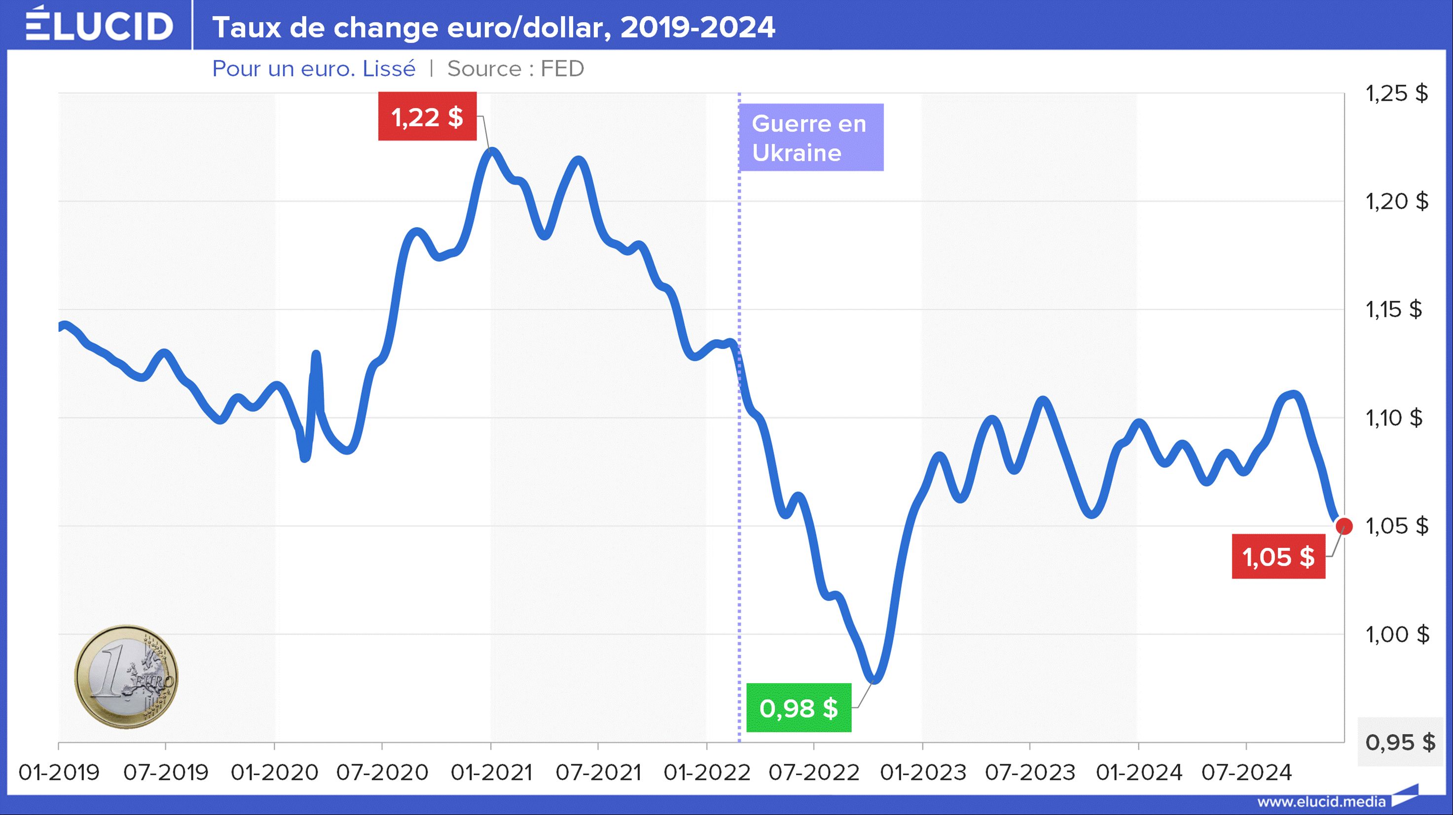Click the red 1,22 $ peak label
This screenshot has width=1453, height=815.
[427, 117]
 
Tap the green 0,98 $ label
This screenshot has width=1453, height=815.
[798, 708]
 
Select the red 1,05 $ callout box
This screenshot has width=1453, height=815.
[1278, 557]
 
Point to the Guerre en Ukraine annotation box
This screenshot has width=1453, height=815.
[810, 138]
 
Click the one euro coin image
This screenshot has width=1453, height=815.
[126, 677]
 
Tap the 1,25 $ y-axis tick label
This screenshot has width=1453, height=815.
[1397, 93]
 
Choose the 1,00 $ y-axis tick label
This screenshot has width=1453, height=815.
[1397, 634]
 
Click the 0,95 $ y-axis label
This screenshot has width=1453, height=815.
[1400, 742]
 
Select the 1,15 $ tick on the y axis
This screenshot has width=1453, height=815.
[1394, 310]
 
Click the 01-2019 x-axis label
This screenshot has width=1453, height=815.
[59, 772]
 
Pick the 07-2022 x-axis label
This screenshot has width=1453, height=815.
[814, 772]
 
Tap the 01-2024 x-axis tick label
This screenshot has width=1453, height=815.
[1138, 772]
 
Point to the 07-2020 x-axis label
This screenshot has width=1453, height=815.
[382, 772]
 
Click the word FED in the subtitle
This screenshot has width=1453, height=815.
[562, 69]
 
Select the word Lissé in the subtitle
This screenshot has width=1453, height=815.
[389, 69]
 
